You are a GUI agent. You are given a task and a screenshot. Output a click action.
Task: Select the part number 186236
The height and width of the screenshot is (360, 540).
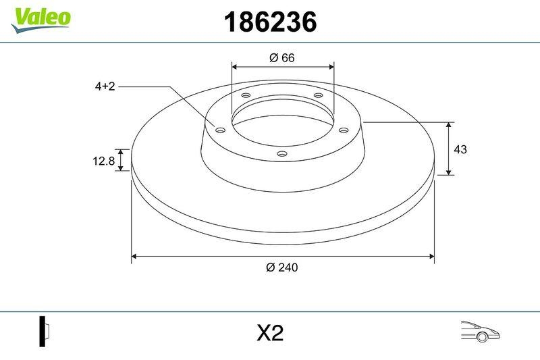click(x=269, y=22)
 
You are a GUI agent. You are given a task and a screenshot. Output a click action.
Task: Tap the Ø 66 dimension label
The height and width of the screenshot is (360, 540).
click(x=282, y=58)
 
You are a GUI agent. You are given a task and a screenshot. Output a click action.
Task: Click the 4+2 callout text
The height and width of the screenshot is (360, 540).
click(x=105, y=86)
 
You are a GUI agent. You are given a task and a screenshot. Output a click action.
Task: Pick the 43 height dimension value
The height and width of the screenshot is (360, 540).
click(x=460, y=149)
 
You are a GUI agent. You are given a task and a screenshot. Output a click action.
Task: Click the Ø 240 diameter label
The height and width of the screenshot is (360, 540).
click(x=282, y=267)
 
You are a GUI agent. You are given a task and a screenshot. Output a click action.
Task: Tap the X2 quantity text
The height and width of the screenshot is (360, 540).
click(x=269, y=334)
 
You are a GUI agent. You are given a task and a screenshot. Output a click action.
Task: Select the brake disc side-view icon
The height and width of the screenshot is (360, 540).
click(x=45, y=332)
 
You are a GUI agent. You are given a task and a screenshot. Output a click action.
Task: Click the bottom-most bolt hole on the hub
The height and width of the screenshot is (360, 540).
click(x=282, y=155)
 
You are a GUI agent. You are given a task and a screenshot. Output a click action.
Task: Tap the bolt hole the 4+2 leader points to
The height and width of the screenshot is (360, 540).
click(x=220, y=130)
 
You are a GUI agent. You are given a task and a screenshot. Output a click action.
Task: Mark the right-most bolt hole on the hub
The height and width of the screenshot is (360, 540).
click(x=343, y=130)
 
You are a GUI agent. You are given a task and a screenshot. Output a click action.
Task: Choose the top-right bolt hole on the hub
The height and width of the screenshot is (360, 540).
click(x=319, y=97)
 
